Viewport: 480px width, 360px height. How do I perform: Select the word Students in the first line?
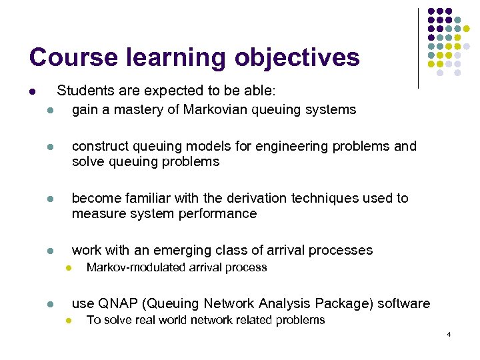tap(83, 90)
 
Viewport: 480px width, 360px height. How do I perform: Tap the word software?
tap(404, 303)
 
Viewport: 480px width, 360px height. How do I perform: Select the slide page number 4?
tap(449, 333)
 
